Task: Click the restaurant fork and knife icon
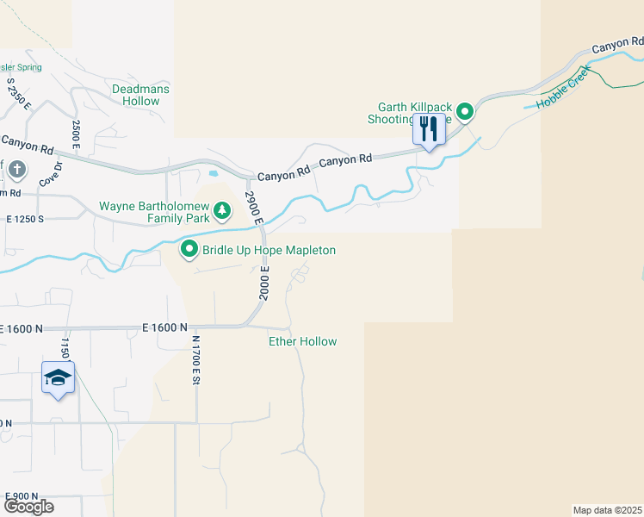click(429, 129)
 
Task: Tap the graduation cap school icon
click(58, 378)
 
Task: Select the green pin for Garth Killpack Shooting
click(465, 111)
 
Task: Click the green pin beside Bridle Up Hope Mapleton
click(189, 250)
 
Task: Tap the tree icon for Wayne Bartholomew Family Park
click(222, 209)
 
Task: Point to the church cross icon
click(16, 171)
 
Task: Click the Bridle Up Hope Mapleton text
click(269, 250)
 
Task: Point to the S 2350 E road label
click(19, 94)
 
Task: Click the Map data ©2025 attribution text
click(607, 510)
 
